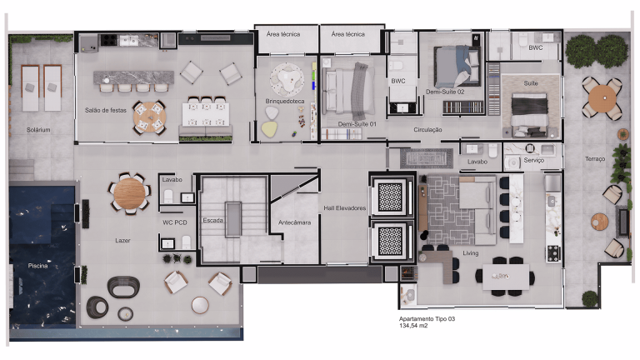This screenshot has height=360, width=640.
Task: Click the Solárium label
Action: click(38, 130)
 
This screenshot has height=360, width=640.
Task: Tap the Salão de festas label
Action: click(105, 110)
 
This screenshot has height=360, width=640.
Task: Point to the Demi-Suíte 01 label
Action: click(357, 124)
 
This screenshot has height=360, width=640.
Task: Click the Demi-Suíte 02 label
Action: click(444, 92)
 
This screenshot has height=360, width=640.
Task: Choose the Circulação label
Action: click(427, 130)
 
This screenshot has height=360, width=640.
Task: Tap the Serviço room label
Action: click(534, 159)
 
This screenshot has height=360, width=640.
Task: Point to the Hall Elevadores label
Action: click(344, 208)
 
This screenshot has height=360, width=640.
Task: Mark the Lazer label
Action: click(122, 239)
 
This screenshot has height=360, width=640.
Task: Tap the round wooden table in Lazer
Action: click(129, 193)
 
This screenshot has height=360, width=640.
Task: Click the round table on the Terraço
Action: click(600, 98)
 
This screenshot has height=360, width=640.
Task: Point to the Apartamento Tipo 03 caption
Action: click(427, 319)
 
